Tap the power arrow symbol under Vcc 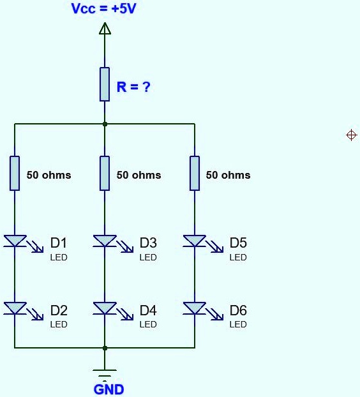coord(105,29)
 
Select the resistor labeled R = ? coord(105,84)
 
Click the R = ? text coord(133,87)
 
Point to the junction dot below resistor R coord(105,124)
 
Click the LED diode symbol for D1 coord(15,241)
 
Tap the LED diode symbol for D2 coord(15,309)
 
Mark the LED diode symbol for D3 coord(105,241)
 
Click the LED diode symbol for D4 coord(105,309)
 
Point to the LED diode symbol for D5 coord(195,241)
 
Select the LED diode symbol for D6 coord(195,309)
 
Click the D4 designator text coord(148,311)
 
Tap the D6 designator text coord(238,311)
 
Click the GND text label coord(109,389)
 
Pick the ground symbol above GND coord(105,372)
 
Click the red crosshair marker coord(351,135)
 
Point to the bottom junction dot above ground coord(105,348)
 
